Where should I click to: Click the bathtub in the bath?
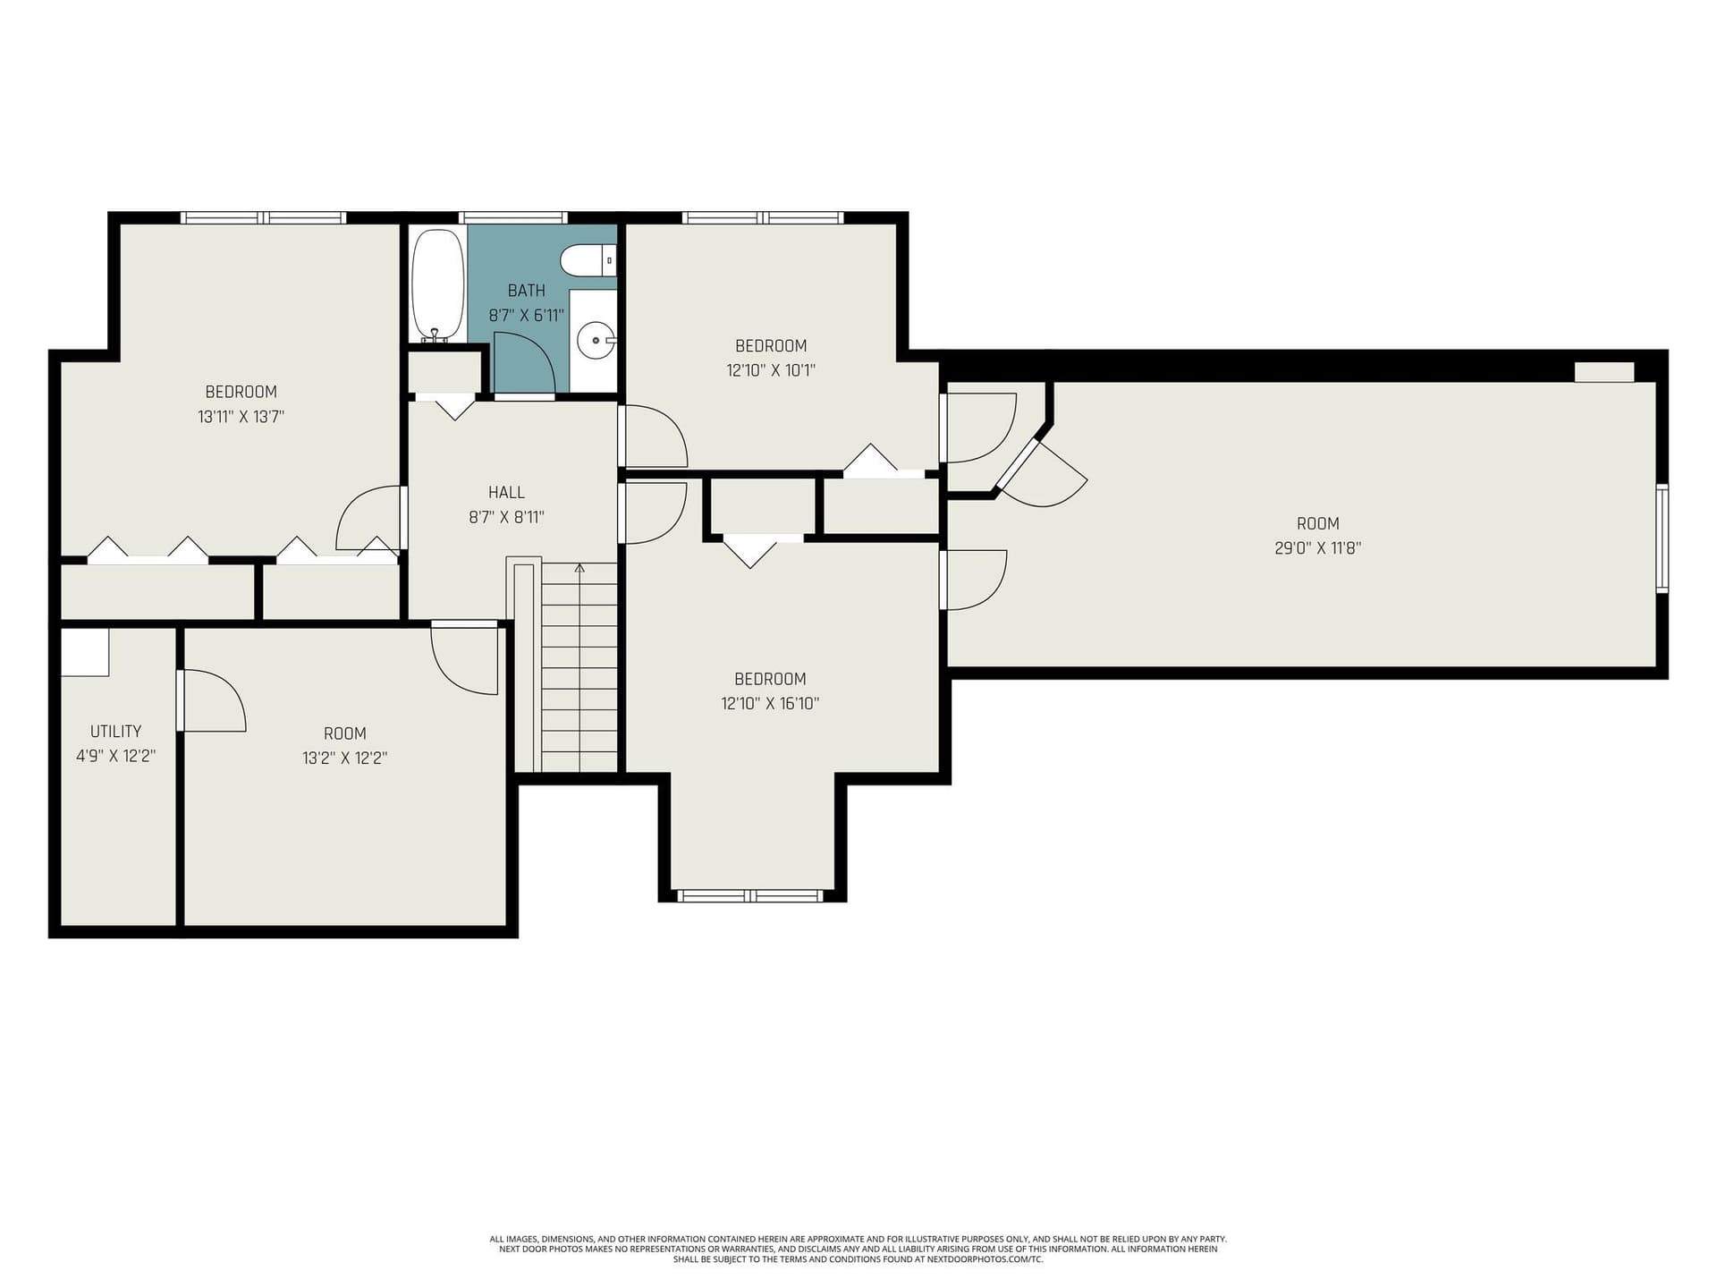[x=437, y=284]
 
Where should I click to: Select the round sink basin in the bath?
[x=595, y=340]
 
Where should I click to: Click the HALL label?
[x=506, y=492]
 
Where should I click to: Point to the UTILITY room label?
[x=115, y=731]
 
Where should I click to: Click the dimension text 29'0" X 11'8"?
[x=1317, y=548]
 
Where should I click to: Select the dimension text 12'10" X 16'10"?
[x=770, y=703]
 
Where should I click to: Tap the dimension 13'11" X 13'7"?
[x=241, y=416]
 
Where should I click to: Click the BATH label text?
[x=526, y=290]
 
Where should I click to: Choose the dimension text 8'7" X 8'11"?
[x=506, y=517]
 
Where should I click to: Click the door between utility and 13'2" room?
[x=212, y=700]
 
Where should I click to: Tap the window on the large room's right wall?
[x=1662, y=538]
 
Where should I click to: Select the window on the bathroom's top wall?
[x=512, y=217]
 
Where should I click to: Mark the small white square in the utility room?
[x=85, y=652]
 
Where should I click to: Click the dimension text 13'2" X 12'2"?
[x=344, y=758]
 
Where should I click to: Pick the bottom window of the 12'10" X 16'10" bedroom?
[x=749, y=895]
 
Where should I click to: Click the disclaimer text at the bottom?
[x=858, y=1249]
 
